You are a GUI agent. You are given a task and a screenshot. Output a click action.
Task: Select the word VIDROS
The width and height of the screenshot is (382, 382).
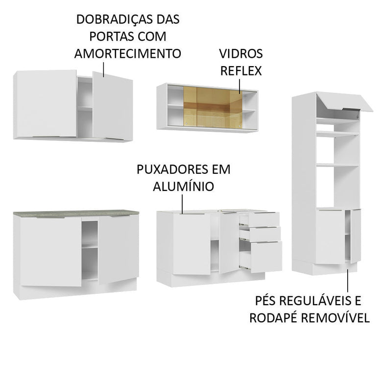tap(241, 53)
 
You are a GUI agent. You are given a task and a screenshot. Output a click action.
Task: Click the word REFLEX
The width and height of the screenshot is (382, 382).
tap(241, 70)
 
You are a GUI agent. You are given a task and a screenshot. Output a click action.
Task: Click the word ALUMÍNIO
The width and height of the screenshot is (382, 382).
tap(182, 186)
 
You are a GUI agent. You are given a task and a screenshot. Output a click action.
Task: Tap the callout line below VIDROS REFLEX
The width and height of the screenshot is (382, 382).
tap(240, 86)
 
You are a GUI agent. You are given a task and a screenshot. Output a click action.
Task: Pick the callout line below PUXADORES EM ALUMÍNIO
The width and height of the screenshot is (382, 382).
tap(182, 203)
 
